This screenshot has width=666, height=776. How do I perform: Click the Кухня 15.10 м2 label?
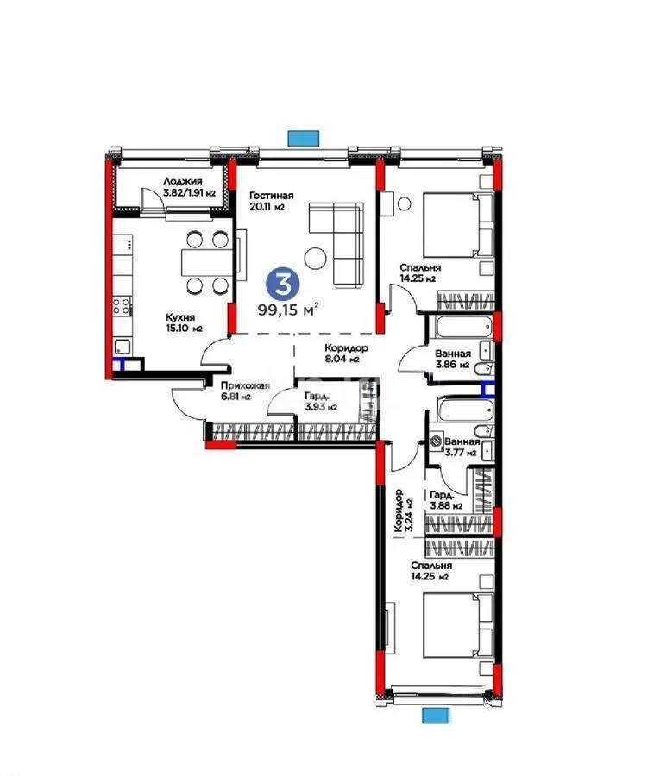(184, 322)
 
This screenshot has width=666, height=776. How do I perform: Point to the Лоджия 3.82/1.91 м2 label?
(182, 186)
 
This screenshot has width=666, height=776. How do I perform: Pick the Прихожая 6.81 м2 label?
(245, 391)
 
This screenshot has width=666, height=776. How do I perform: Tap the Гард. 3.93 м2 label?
(319, 401)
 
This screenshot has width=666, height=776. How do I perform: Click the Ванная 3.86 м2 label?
(452, 359)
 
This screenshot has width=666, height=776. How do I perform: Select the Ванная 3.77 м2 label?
(462, 445)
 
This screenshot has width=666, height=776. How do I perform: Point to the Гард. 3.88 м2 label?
(447, 500)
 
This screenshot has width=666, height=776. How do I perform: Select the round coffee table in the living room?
(315, 256)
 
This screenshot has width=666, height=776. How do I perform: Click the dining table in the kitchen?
(204, 262)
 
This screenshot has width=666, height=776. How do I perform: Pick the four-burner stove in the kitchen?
(121, 307)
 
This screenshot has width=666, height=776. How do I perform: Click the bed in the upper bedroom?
(449, 224)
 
